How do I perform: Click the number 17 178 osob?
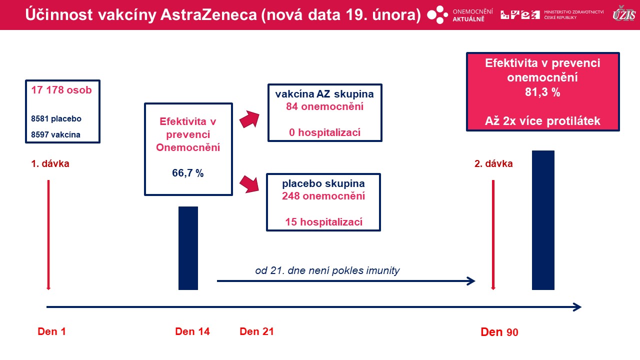61,90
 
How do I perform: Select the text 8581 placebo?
56,118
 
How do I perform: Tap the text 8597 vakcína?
55,134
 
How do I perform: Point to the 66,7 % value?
187,173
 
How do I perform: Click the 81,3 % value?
542,92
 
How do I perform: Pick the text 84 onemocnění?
325,106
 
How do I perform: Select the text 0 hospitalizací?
325,132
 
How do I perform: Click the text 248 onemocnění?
323,196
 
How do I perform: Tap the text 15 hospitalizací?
323,222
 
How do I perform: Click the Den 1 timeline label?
51,331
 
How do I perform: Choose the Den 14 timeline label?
192,331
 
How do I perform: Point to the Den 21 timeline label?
256,331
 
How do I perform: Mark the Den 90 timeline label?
499,332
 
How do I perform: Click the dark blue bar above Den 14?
188,248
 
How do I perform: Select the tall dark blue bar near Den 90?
543,220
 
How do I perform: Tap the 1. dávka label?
50,163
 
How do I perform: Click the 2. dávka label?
493,163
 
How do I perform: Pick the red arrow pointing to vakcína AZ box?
249,119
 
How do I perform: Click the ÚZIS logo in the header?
623,14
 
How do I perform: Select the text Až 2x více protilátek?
542,121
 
